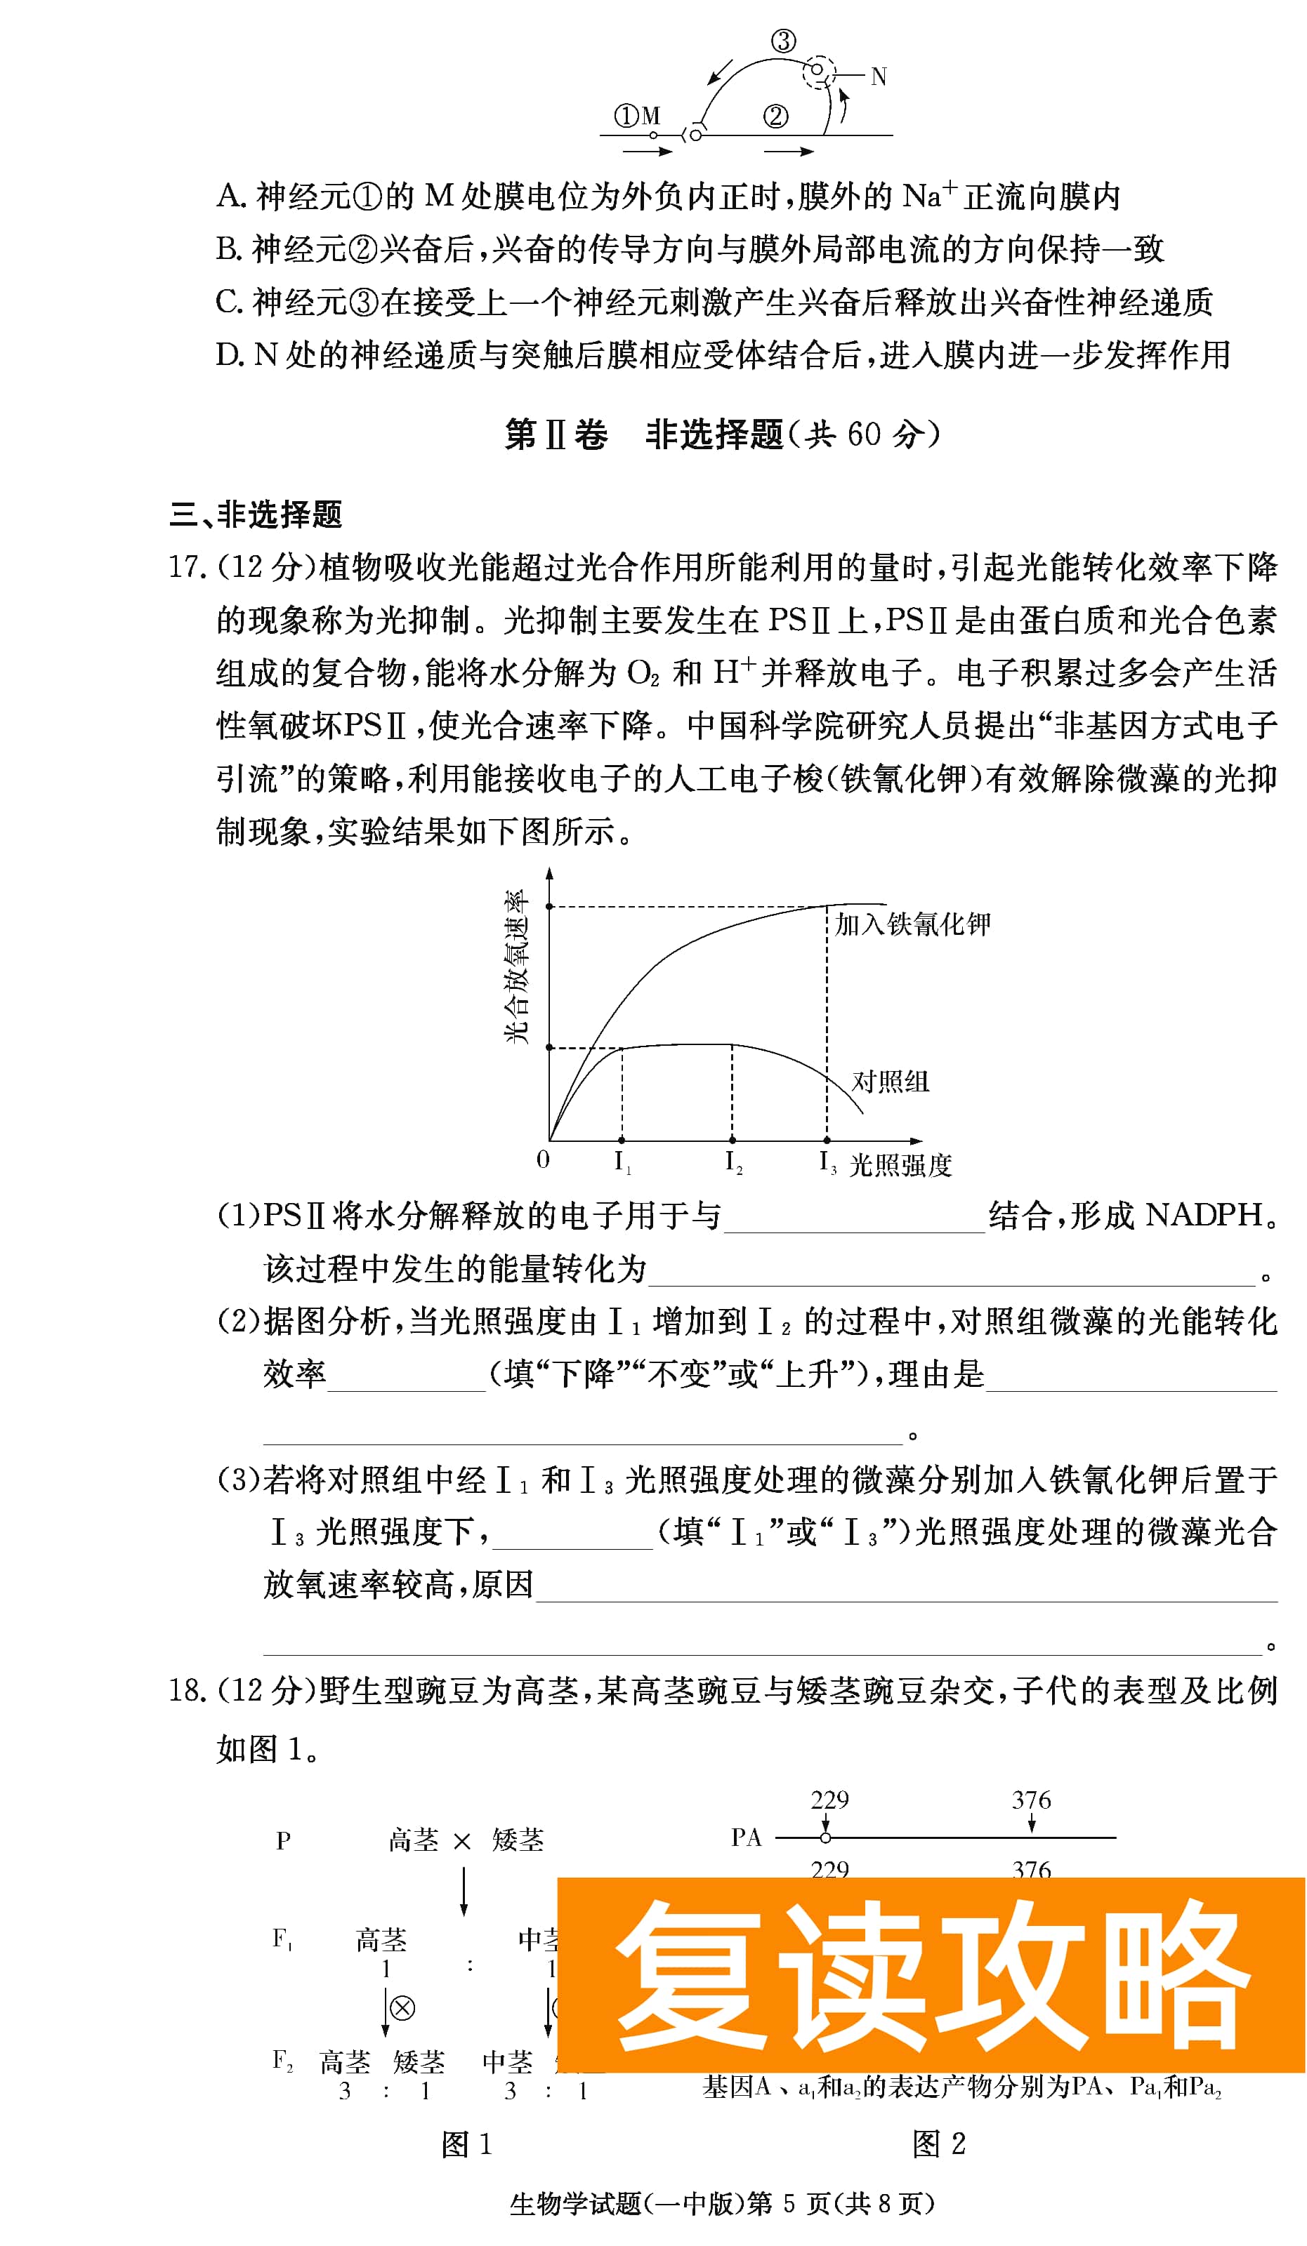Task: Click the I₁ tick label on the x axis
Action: (622, 1162)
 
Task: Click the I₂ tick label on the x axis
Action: (733, 1162)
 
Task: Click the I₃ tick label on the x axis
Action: (827, 1162)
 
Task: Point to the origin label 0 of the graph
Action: (543, 1159)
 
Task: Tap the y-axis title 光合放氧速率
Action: (517, 966)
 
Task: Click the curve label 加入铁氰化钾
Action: (912, 924)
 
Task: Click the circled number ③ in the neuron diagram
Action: (783, 41)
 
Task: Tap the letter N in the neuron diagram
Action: (878, 77)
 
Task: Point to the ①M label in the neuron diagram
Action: (636, 116)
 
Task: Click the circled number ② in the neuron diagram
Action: (775, 117)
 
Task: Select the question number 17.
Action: (188, 567)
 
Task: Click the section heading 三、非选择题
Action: (256, 514)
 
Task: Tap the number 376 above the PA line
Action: (1030, 1800)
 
